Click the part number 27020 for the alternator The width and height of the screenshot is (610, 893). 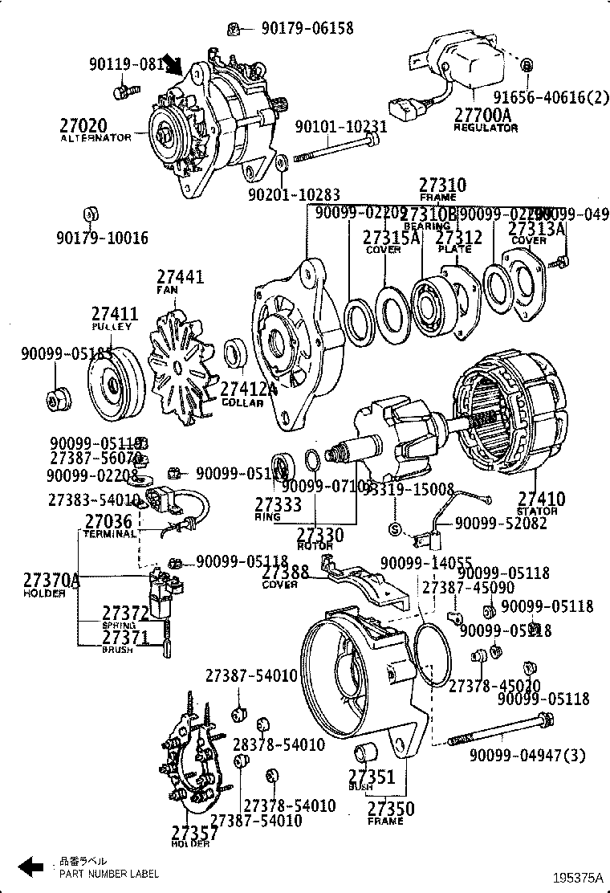click(x=83, y=125)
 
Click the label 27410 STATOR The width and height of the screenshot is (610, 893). click(x=541, y=500)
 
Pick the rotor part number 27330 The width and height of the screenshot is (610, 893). click(x=320, y=535)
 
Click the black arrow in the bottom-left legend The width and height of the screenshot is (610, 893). click(x=31, y=866)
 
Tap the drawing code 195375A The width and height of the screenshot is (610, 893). click(x=576, y=879)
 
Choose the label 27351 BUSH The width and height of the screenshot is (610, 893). click(x=371, y=777)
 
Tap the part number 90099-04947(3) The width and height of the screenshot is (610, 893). click(x=528, y=754)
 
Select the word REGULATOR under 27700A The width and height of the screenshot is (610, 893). click(x=486, y=128)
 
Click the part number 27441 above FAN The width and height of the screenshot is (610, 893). click(x=180, y=277)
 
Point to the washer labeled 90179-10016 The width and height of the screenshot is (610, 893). click(x=91, y=214)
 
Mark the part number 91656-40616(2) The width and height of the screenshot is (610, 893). click(x=551, y=98)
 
